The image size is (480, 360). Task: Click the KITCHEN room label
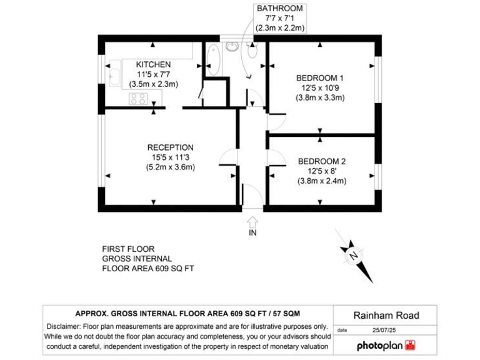pyautogui.click(x=153, y=64)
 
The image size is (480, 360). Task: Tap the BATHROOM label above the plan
pyautogui.click(x=279, y=8)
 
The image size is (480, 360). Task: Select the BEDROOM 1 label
pyautogui.click(x=320, y=77)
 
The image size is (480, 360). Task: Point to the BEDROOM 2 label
pyautogui.click(x=321, y=161)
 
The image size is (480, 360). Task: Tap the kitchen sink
pyautogui.click(x=116, y=76)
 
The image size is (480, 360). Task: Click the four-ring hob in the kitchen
pyautogui.click(x=138, y=98)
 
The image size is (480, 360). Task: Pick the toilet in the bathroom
pyautogui.click(x=252, y=51)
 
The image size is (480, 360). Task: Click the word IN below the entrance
pyautogui.click(x=252, y=233)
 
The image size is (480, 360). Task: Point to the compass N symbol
pyautogui.click(x=354, y=255)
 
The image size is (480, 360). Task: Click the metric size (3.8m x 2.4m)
pyautogui.click(x=321, y=181)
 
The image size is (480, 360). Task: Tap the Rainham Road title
pyautogui.click(x=386, y=316)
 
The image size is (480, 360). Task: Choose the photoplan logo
pyautogui.click(x=386, y=344)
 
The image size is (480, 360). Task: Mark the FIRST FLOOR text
pyautogui.click(x=128, y=249)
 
